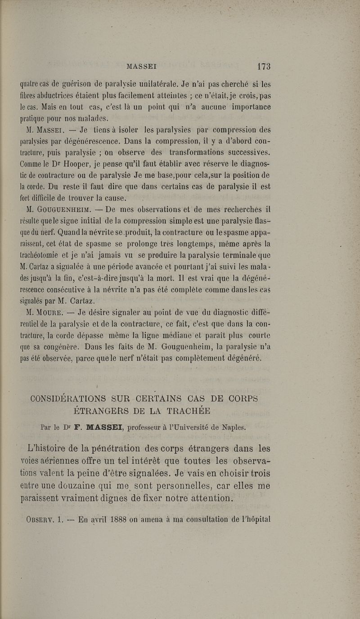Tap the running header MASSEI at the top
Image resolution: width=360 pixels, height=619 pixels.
click(141, 67)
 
